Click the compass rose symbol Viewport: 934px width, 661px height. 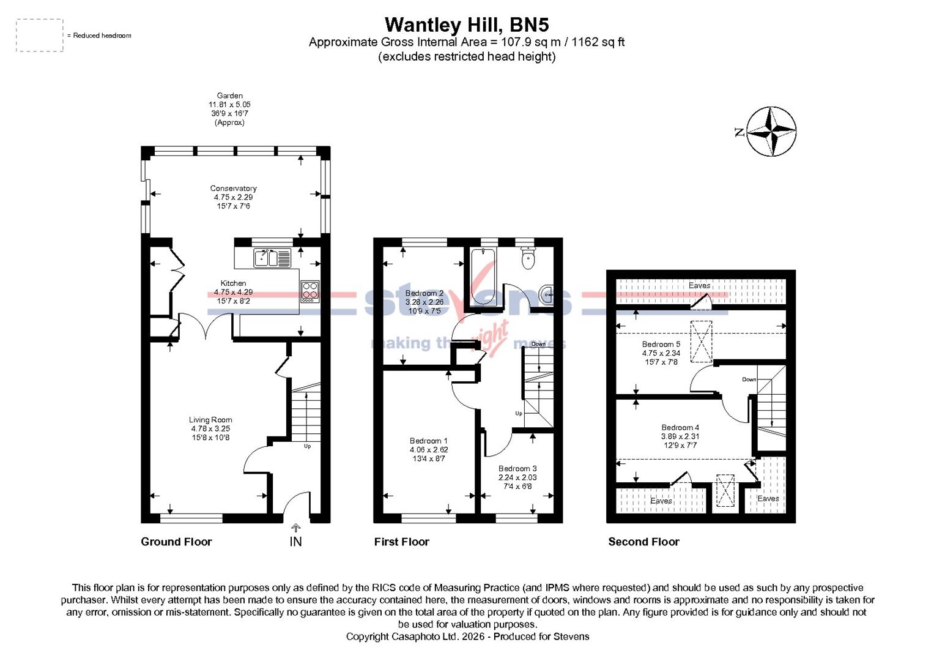coord(772,132)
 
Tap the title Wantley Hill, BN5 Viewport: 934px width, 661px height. coord(466,25)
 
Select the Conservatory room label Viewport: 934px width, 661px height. coord(233,197)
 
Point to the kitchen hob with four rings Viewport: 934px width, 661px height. coord(309,291)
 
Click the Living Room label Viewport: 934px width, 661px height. coord(210,428)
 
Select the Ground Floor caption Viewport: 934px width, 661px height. coord(176,542)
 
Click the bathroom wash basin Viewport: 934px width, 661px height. coord(546,295)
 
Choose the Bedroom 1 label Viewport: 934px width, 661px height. coord(429,449)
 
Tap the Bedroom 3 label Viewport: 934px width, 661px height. coord(517,477)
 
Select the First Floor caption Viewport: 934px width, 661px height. coord(401,542)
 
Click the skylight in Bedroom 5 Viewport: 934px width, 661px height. coord(702,342)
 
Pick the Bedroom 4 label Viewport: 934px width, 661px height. coord(680,436)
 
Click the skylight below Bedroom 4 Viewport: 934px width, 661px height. coord(725,490)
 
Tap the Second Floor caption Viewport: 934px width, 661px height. coord(643,542)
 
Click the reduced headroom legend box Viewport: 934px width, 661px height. coord(40,35)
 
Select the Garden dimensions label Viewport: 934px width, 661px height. coord(229,109)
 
